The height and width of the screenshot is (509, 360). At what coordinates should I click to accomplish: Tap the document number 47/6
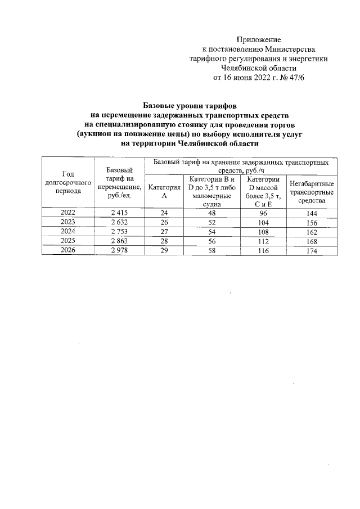click(x=295, y=78)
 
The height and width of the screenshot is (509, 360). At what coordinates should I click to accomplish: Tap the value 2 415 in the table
click(x=119, y=213)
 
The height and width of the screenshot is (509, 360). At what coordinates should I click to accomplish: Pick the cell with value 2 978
click(x=119, y=250)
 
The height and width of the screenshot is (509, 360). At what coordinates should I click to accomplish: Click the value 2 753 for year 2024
click(x=119, y=232)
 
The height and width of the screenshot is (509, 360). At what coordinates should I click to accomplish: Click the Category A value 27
click(x=164, y=232)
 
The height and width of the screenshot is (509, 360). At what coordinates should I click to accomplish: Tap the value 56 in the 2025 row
click(x=211, y=241)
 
